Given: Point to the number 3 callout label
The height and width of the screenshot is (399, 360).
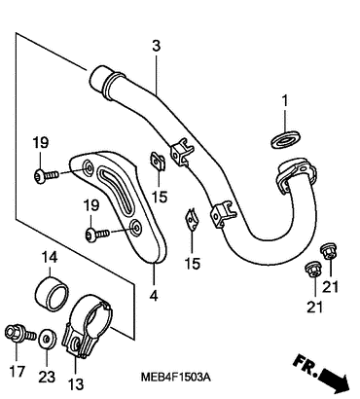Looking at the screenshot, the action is tap(157, 46).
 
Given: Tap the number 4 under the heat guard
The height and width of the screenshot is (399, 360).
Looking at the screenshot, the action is tap(154, 296).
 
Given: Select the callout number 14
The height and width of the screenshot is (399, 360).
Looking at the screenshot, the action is tap(50, 258).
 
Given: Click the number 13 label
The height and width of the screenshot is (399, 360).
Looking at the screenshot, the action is tap(76, 384).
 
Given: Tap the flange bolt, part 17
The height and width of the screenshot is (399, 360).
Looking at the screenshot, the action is tap(20, 334).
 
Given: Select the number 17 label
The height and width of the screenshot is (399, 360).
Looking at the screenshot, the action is tap(17, 371).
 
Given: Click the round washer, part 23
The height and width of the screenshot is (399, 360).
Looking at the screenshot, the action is tap(48, 340).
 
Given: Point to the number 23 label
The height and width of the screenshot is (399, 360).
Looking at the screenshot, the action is tap(47, 377).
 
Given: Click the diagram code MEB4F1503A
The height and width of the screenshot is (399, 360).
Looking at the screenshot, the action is tap(176, 377).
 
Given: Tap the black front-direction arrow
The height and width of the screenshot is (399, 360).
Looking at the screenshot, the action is tap(334, 379).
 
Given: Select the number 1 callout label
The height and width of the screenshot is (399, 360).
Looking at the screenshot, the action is tap(284, 101).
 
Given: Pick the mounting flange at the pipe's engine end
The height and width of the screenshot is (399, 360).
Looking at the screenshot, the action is tap(295, 174).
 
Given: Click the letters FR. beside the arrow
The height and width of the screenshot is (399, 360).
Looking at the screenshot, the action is tap(306, 366).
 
